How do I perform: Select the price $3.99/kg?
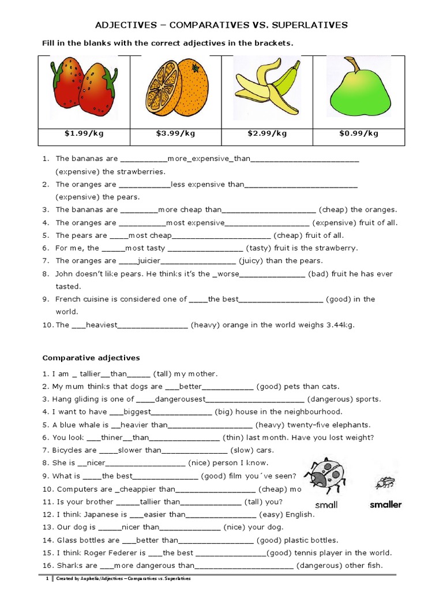pyautogui.click(x=175, y=133)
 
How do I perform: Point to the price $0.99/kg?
pyautogui.click(x=359, y=133)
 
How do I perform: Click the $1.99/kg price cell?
pyautogui.click(x=84, y=133)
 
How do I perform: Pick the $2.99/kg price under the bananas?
pyautogui.click(x=267, y=133)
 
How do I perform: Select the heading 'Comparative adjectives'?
pyautogui.click(x=92, y=358)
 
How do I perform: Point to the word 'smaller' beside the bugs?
pyautogui.click(x=385, y=504)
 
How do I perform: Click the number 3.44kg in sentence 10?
pyautogui.click(x=339, y=325)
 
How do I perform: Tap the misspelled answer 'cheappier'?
pyautogui.click(x=141, y=489)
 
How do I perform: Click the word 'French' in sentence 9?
pyautogui.click(x=68, y=299)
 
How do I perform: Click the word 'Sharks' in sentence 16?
pyautogui.click(x=69, y=566)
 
